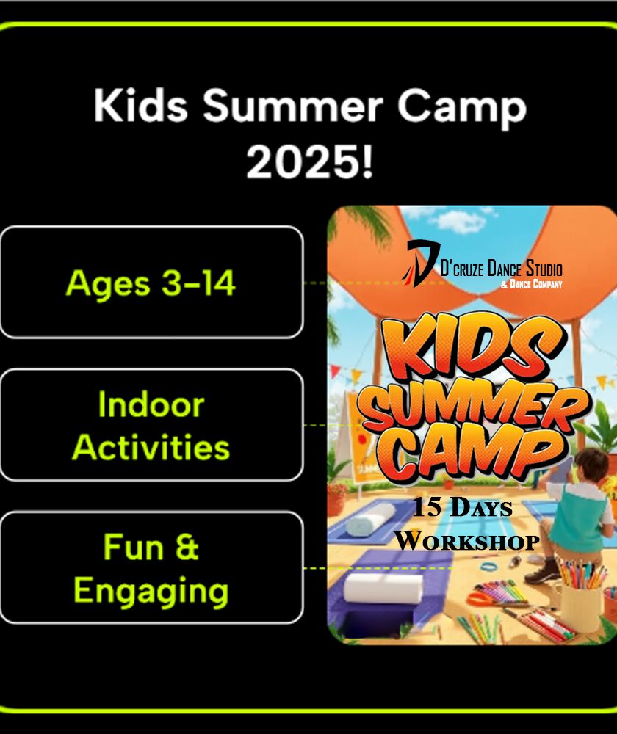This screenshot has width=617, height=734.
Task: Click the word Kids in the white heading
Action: tap(140, 105)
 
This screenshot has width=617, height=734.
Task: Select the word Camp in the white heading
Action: tap(462, 109)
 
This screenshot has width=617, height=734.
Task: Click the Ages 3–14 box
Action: tap(151, 283)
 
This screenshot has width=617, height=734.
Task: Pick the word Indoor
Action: tap(151, 404)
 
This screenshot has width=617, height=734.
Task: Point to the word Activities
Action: tap(151, 447)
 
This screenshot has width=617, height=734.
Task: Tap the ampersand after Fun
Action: tap(187, 547)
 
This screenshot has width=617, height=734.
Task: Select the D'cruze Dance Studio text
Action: tap(501, 269)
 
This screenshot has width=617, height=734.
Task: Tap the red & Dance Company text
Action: tap(531, 283)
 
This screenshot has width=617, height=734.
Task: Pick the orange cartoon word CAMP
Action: tap(475, 454)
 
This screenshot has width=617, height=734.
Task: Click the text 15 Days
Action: tap(462, 507)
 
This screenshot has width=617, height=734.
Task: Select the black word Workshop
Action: tap(466, 541)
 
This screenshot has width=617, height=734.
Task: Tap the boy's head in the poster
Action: tap(591, 468)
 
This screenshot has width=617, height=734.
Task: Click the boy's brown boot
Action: tap(543, 572)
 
